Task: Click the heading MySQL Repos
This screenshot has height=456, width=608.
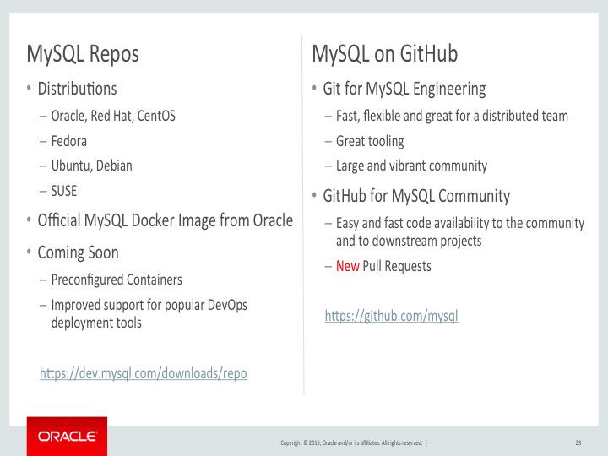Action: [83, 55]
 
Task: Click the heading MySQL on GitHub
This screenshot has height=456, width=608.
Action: [384, 55]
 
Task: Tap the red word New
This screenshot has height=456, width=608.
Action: [347, 266]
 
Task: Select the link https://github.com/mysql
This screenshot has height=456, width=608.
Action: [391, 317]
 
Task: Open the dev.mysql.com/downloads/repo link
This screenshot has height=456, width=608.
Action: [144, 372]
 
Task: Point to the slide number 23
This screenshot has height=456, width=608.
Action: [578, 442]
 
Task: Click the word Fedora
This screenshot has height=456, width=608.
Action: [69, 141]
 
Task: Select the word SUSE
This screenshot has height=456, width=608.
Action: [64, 191]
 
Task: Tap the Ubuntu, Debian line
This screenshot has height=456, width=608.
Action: [92, 166]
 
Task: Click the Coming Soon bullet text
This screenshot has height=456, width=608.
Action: [78, 252]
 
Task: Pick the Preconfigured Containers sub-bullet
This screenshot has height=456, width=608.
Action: [116, 279]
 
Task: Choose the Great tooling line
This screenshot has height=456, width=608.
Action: [370, 141]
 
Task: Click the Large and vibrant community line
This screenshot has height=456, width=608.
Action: [411, 166]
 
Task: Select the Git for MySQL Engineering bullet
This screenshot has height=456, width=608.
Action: [404, 89]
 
